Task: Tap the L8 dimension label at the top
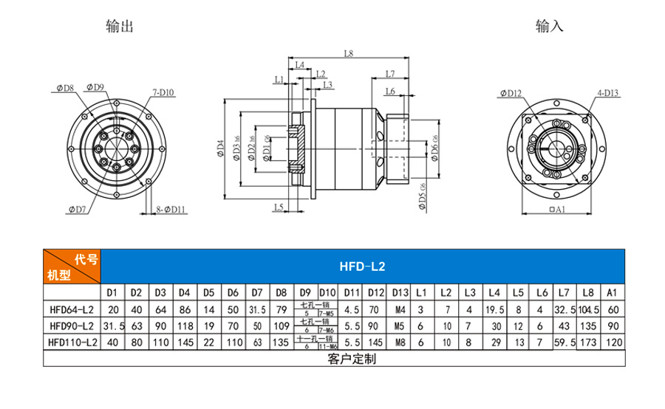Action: coord(349,53)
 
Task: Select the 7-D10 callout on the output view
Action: coord(163,92)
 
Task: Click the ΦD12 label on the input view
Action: coord(510,93)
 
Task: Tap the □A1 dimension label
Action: coord(557,210)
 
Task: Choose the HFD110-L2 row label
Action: coord(69,343)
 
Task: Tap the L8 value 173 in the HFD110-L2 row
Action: coord(588,343)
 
